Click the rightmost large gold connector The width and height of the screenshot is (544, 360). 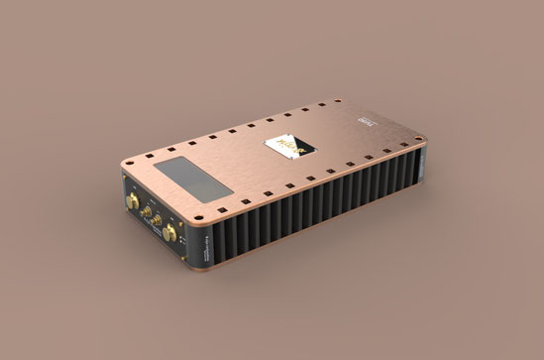(x=170, y=234)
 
